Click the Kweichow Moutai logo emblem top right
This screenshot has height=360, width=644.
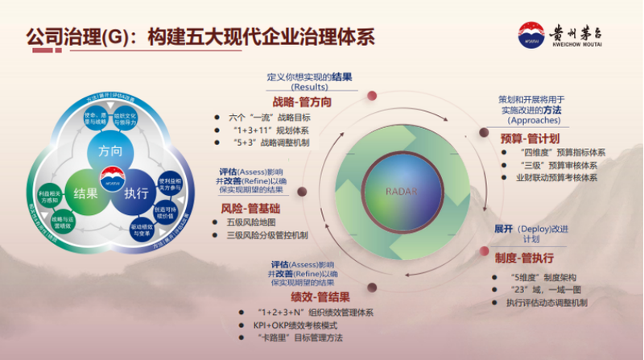tap(530, 35)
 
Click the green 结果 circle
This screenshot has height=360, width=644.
tap(85, 192)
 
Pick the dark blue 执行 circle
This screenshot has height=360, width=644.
tap(135, 192)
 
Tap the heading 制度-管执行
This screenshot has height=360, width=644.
tap(524, 259)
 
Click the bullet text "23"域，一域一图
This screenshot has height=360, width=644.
tap(543, 290)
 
